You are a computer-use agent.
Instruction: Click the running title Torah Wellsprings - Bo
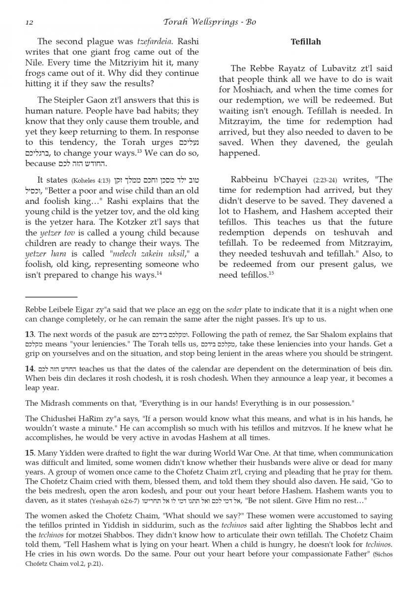pos(209,22)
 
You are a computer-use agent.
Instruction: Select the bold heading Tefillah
pos(306,42)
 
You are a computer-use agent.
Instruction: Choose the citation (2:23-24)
pos(323,181)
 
